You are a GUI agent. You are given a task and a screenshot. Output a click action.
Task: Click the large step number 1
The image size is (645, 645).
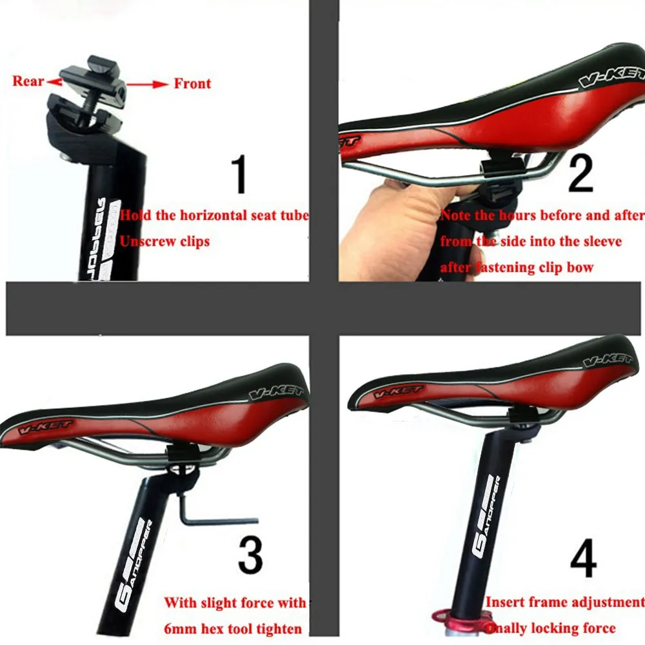click(x=239, y=174)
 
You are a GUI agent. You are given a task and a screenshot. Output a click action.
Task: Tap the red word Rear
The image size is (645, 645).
click(x=28, y=81)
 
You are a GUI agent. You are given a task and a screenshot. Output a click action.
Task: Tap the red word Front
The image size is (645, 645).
click(x=192, y=83)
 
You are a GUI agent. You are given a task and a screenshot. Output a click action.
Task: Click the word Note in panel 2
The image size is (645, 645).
click(x=456, y=215)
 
